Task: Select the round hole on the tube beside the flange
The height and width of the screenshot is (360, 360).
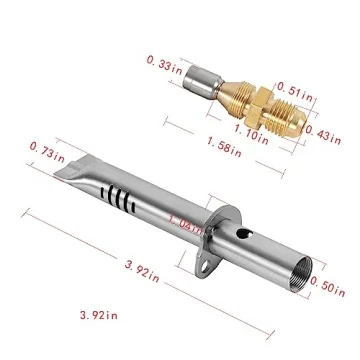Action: pos(239,237)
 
